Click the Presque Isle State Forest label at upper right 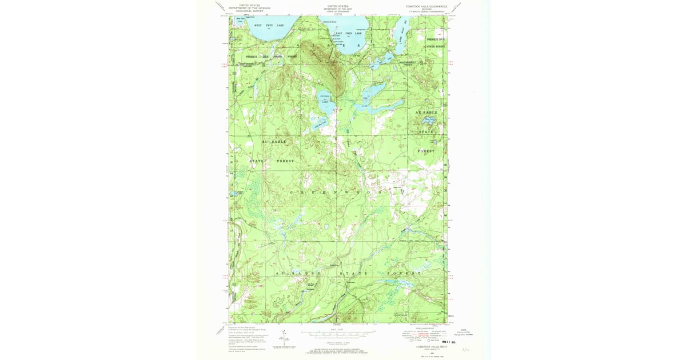(x=436, y=43)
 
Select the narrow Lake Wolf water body (x=401, y=34)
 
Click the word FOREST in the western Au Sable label (x=285, y=161)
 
